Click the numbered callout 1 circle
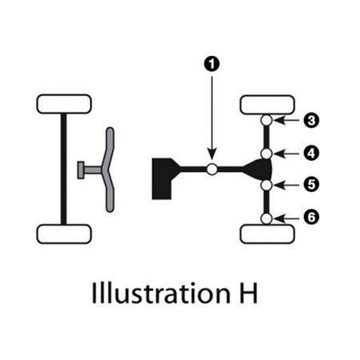click(212, 64)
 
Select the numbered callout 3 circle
click(311, 120)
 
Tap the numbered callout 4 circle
click(311, 154)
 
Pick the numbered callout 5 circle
click(311, 185)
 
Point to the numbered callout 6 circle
click(311, 218)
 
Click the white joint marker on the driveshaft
click(212, 169)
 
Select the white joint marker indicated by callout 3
click(266, 120)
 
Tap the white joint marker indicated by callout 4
click(266, 154)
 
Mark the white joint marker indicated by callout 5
click(266, 185)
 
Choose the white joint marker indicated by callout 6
click(266, 218)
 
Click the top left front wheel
click(64, 104)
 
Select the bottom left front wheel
click(64, 234)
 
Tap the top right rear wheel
click(267, 105)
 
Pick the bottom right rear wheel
click(267, 234)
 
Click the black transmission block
click(162, 178)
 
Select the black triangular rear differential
click(260, 170)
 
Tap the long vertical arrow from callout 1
click(212, 118)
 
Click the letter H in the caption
click(248, 293)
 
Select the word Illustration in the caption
click(161, 293)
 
